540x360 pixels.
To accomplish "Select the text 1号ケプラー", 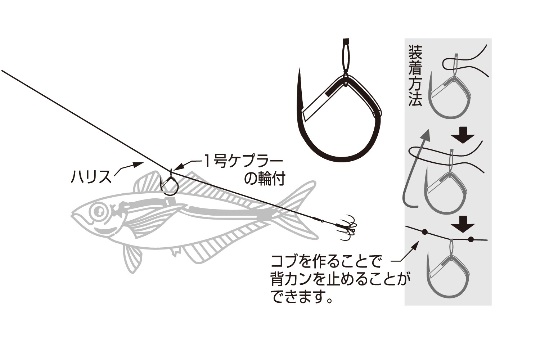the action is pyautogui.click(x=243, y=162).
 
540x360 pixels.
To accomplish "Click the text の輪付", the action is pyautogui.click(x=265, y=179).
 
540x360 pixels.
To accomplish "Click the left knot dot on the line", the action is pyautogui.click(x=425, y=232).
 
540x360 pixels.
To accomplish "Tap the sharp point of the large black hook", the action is pyautogui.click(x=300, y=69).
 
